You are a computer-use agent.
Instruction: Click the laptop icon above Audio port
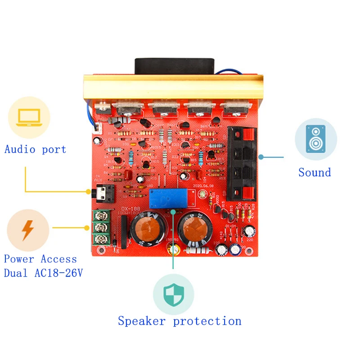(29, 117)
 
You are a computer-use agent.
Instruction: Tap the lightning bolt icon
(28, 230)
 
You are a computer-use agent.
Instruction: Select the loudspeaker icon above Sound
(315, 139)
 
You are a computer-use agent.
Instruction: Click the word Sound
(315, 172)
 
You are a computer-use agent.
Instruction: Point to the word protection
(207, 321)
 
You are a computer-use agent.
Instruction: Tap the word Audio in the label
(21, 150)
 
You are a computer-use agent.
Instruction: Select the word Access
(58, 259)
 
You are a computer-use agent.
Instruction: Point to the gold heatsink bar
(173, 88)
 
